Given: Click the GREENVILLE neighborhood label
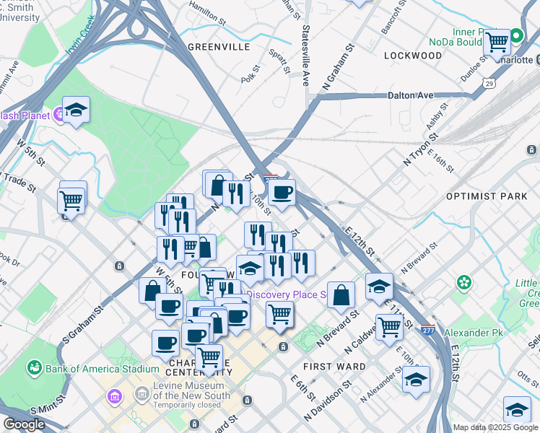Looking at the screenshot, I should [218, 47].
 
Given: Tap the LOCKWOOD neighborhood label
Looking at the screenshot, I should [412, 56].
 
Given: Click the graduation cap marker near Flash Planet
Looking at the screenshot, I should [76, 110].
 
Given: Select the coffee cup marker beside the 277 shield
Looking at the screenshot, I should [282, 192].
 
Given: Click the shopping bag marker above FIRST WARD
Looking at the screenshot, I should [341, 294].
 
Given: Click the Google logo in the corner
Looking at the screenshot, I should [25, 424].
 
